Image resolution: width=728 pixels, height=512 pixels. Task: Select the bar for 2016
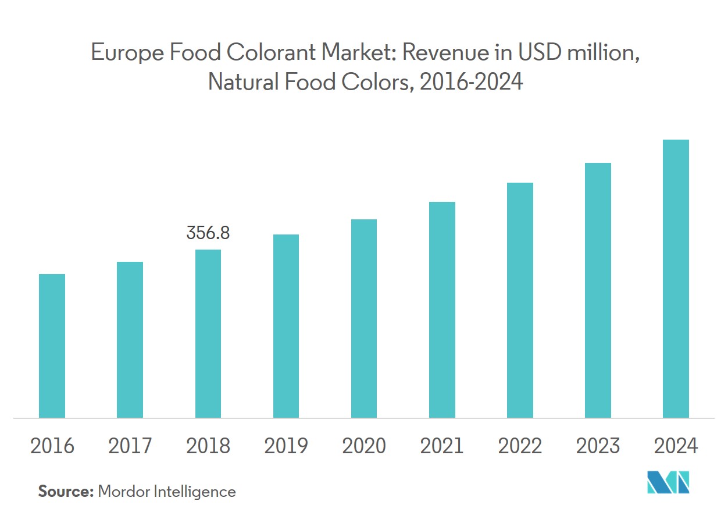click(x=52, y=346)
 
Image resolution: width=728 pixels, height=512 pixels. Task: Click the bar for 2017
click(x=130, y=340)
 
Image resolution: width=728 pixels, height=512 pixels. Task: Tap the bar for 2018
click(x=208, y=333)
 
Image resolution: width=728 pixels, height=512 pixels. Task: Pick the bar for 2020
click(x=364, y=318)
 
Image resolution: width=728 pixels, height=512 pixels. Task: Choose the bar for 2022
click(x=520, y=300)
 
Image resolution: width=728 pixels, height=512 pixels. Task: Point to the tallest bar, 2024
click(x=676, y=279)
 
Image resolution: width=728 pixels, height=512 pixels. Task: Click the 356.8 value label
click(x=208, y=233)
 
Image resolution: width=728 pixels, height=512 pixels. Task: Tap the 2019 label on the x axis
click(x=286, y=446)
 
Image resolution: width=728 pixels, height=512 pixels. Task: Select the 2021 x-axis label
click(x=442, y=446)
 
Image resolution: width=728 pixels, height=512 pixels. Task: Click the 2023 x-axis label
click(x=598, y=446)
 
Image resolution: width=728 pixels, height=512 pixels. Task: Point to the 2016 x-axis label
click(x=52, y=446)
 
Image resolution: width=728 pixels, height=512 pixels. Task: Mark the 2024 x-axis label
click(x=676, y=446)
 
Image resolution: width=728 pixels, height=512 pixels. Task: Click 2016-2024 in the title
click(x=471, y=82)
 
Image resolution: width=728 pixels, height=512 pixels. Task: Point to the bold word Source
click(x=66, y=492)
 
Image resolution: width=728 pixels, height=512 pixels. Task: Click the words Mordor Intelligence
click(x=167, y=492)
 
